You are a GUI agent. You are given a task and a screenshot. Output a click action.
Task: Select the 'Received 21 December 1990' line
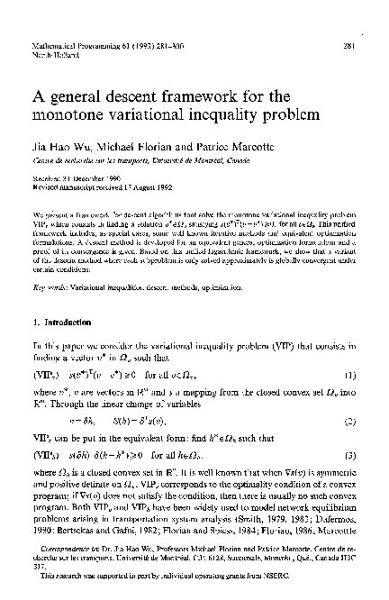(x=82, y=178)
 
